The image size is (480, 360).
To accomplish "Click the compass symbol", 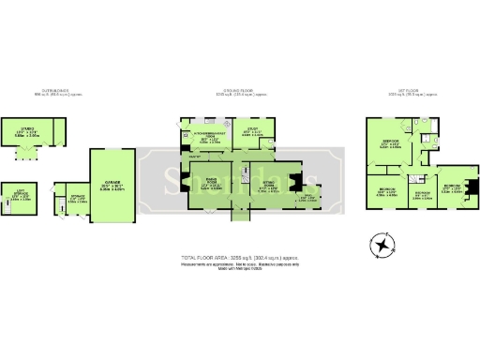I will [382, 246].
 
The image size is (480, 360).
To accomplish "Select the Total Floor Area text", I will [239, 257].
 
